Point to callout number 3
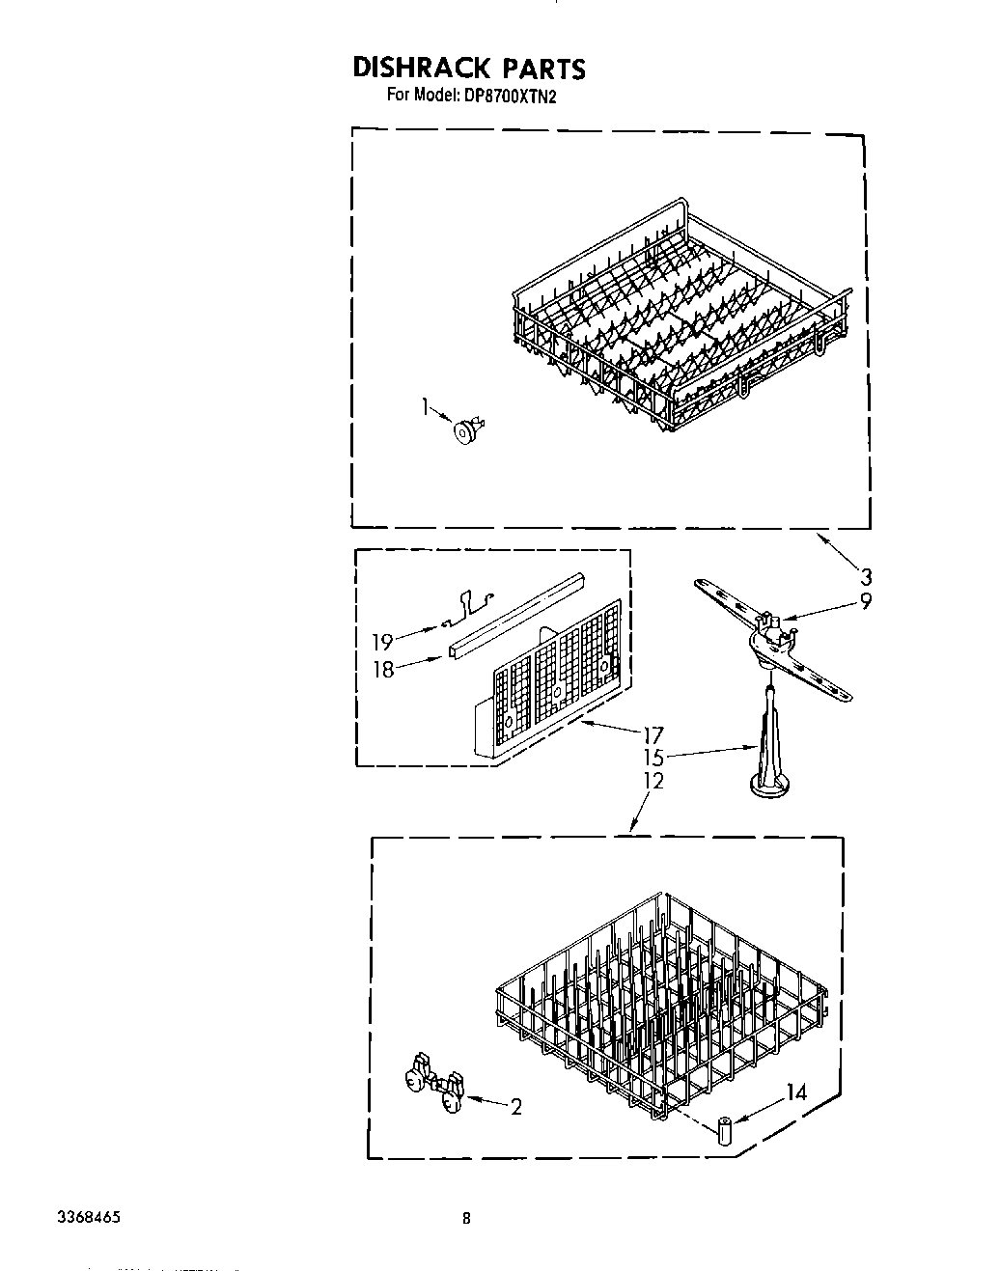coord(866,577)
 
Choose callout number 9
coord(866,601)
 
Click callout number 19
coord(383,640)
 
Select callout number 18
coord(383,670)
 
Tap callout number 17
coord(653,735)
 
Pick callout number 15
coord(653,759)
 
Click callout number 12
coord(653,781)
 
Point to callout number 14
coord(796,1093)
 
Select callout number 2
coord(515,1108)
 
